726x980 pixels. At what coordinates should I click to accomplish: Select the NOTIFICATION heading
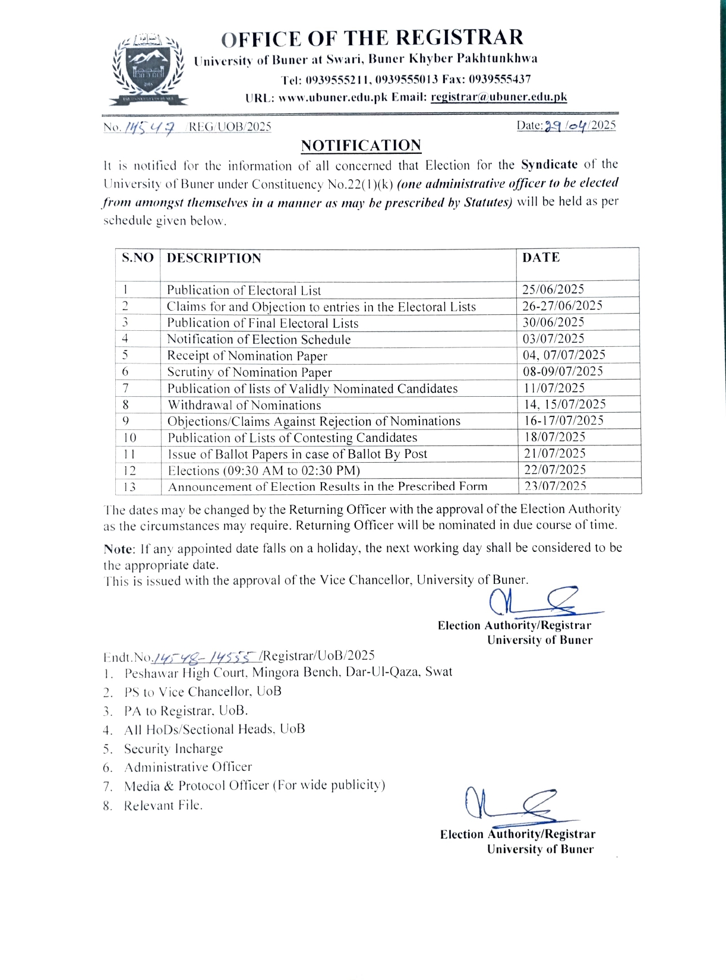pos(361,146)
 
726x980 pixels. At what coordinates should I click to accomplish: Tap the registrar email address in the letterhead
pos(498,97)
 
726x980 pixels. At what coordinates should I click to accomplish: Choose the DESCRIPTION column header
pos(214,258)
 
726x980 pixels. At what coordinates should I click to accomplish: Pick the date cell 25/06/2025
pos(553,289)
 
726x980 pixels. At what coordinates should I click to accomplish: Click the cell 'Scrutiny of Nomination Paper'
pos(250,372)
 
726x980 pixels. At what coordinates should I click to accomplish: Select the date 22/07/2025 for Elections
pos(554,469)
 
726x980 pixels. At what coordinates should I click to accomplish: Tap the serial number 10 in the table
pos(130,438)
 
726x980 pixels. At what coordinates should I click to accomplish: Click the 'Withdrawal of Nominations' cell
pos(244,405)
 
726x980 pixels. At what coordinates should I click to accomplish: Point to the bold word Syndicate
pos(549,165)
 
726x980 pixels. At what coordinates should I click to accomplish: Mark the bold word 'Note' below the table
pos(117,548)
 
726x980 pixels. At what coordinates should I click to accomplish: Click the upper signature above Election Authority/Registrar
pos(541,601)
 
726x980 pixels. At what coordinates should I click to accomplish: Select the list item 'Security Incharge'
pos(173,748)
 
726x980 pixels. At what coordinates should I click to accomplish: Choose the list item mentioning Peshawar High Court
pos(288,672)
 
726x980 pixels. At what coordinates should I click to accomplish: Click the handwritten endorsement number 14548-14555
pos(206,656)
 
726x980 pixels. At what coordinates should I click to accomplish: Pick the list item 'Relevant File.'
pos(163,805)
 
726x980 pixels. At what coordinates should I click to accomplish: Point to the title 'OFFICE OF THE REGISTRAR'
pos(373,38)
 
